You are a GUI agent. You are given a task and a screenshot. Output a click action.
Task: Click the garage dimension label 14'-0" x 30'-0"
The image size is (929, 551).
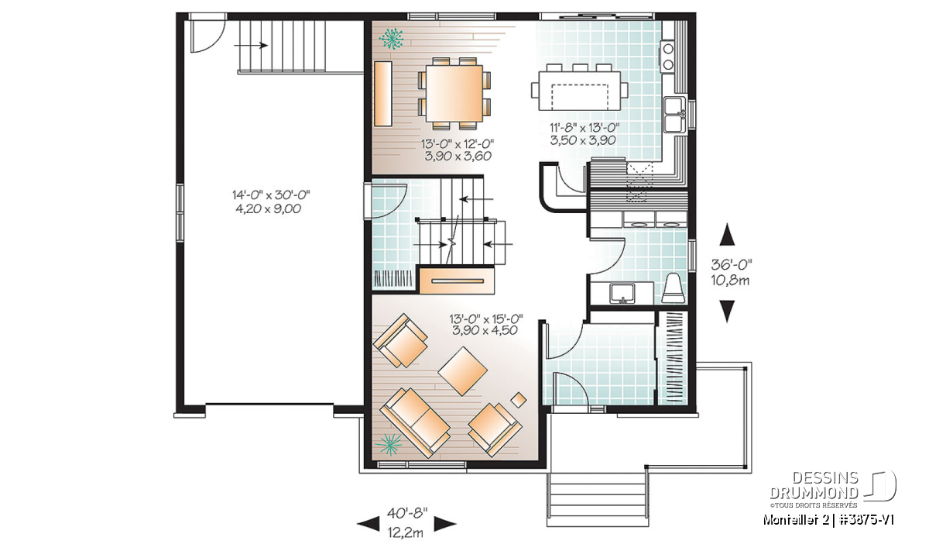pos(271,195)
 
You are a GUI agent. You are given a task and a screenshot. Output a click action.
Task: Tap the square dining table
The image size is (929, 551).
pos(454,93)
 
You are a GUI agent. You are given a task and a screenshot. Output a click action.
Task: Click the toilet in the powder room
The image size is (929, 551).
pos(673,288)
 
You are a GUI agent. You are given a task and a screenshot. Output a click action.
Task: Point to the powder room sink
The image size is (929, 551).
pos(622,293)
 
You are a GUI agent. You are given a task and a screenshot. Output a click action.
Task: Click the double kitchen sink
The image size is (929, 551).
pos(674,115)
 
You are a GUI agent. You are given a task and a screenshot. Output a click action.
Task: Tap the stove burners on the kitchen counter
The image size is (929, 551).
pos(668,56)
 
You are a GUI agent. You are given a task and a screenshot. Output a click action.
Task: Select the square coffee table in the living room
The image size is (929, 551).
pos(462,371)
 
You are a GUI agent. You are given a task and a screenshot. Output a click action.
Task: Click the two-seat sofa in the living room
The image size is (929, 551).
pos(415,422)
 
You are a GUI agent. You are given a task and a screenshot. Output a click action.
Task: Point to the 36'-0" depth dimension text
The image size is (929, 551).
pos(732,264)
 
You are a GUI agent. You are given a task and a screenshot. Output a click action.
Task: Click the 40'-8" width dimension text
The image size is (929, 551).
pos(407,513)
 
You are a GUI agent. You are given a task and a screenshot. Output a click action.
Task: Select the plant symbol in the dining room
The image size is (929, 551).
pos(391,39)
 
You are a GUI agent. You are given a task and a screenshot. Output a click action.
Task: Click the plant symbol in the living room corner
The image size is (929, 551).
pos(388,444)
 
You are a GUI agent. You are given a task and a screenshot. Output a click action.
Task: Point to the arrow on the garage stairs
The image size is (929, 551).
pos(251,45)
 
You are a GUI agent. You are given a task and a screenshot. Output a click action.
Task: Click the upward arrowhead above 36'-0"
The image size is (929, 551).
pos(727,235)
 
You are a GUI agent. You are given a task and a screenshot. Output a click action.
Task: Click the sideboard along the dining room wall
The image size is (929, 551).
pos(383,94)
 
